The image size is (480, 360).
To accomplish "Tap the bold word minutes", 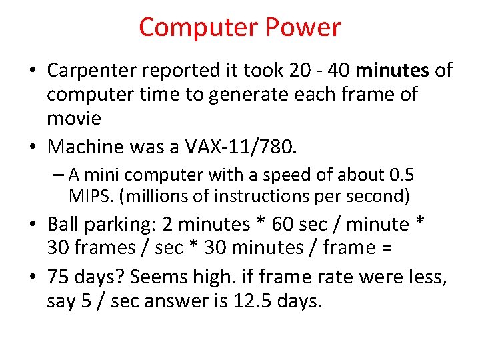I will click(393, 70).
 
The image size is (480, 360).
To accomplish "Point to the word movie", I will click(74, 118).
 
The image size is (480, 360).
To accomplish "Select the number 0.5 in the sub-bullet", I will click(400, 175).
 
